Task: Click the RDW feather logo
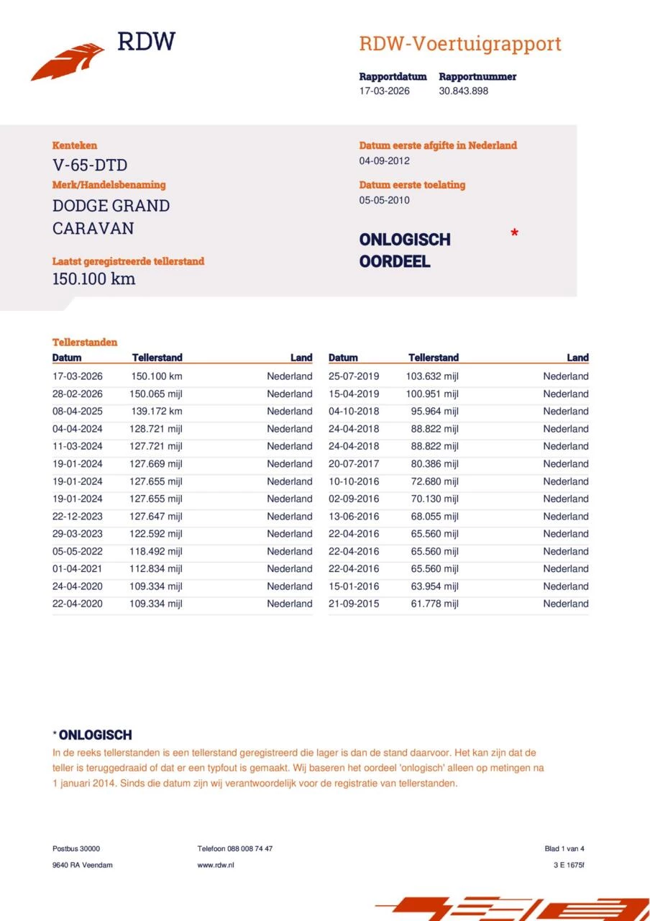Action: (68, 61)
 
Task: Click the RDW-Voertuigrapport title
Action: (460, 44)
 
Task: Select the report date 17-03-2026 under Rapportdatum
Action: (385, 91)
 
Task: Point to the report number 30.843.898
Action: (464, 91)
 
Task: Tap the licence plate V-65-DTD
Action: (90, 165)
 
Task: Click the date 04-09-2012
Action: (385, 160)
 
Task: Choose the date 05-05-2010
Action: (385, 200)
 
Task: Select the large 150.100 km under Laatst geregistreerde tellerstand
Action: (93, 278)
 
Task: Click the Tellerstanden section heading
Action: (85, 342)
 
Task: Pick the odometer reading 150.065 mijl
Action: (155, 394)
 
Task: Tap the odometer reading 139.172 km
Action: (155, 412)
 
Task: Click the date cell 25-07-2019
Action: (354, 376)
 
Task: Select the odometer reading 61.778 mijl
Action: (434, 604)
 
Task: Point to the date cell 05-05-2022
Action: (78, 551)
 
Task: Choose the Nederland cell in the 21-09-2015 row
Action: (566, 604)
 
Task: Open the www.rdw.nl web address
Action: (216, 865)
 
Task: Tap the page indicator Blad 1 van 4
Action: (564, 848)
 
